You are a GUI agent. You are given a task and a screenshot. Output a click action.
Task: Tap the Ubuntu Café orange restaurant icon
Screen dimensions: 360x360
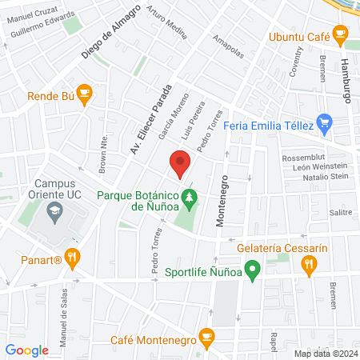pyautogui.click(x=340, y=34)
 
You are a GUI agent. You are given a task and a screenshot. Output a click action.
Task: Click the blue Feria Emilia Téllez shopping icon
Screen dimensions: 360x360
pyautogui.click(x=324, y=123)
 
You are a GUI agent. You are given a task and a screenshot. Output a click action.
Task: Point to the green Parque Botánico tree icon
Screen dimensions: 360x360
pyautogui.click(x=190, y=195)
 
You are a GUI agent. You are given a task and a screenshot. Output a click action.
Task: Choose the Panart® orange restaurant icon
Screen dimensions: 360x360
pyautogui.click(x=73, y=257)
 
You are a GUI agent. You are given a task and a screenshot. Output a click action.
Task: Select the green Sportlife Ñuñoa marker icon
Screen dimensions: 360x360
pyautogui.click(x=253, y=272)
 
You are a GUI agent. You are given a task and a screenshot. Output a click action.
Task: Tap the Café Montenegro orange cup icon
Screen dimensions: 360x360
pyautogui.click(x=206, y=337)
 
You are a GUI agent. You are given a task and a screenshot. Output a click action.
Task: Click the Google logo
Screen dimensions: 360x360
pyautogui.click(x=26, y=350)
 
